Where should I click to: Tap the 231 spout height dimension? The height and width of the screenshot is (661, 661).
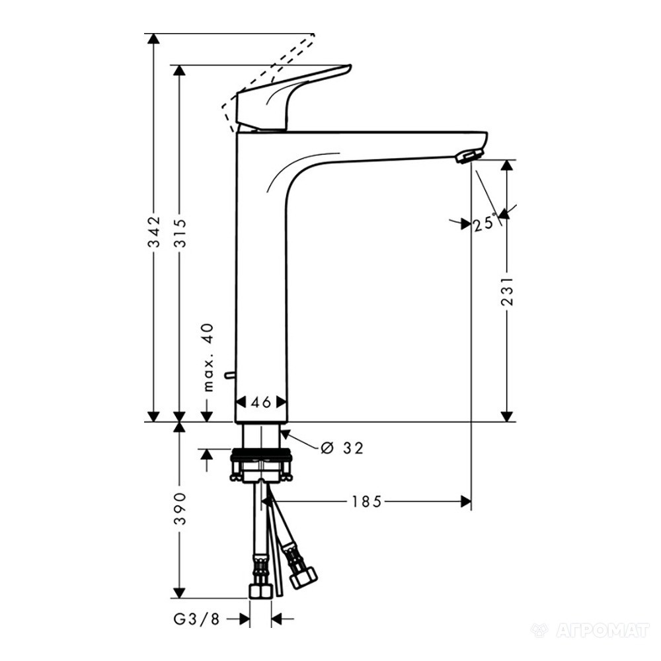(x=508, y=291)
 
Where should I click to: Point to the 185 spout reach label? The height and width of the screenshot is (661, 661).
(x=366, y=502)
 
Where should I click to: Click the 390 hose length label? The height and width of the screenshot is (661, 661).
(x=180, y=508)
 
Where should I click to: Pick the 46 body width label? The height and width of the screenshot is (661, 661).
(x=261, y=403)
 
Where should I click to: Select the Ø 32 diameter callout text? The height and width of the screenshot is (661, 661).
(x=342, y=447)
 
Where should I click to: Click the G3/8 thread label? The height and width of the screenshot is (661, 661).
(x=196, y=619)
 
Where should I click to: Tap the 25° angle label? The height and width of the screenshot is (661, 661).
(x=484, y=223)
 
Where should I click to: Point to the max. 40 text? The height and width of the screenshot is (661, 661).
(x=208, y=358)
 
